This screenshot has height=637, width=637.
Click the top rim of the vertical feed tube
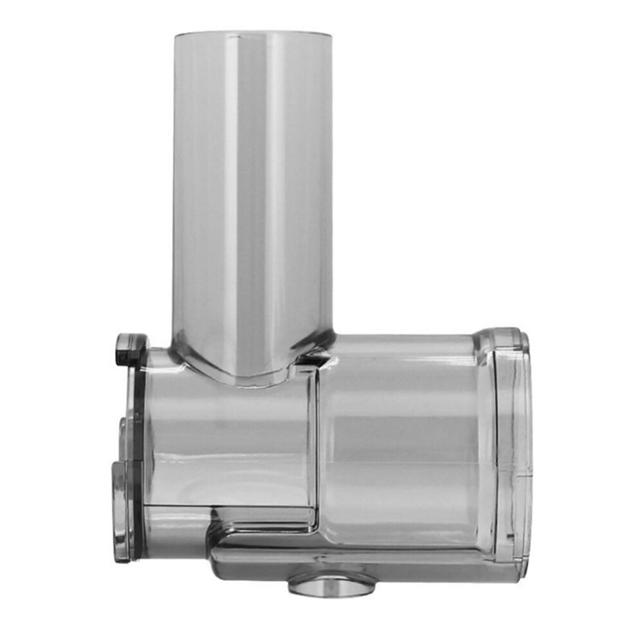pos(253,32)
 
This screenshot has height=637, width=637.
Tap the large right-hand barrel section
pos(399,444)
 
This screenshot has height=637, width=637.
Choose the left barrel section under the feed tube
pos(225,444)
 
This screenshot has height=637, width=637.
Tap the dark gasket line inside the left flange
pos(137,450)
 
